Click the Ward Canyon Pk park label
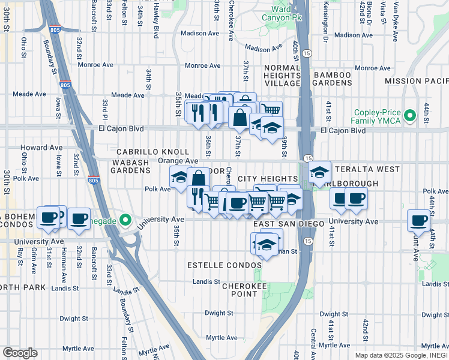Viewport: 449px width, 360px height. [x=282, y=13]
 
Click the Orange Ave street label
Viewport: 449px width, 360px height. [x=178, y=161]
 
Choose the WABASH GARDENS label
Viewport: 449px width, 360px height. [x=130, y=170]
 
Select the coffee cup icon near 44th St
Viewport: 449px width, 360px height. [x=418, y=220]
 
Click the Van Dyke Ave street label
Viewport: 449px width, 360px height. [x=396, y=22]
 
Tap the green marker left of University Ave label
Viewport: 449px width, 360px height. [x=125, y=219]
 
